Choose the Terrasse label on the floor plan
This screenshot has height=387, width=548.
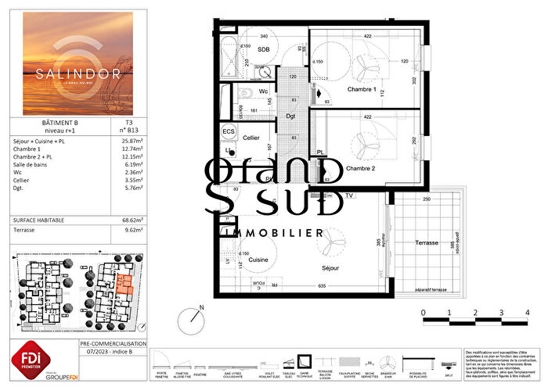point(427,243)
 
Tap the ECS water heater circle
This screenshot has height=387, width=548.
point(229,131)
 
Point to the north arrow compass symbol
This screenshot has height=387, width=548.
point(190,319)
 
